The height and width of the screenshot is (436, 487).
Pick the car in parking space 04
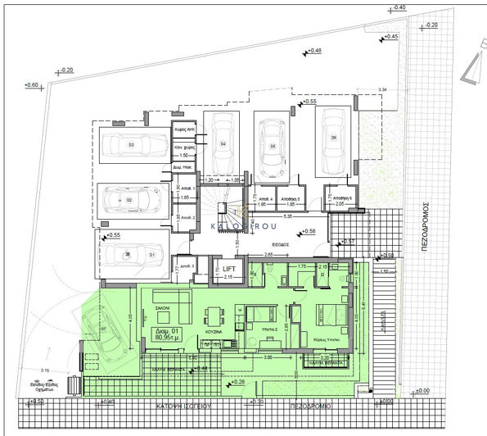click(222, 143)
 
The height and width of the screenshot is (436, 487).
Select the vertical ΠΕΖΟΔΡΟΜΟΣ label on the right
click(424, 230)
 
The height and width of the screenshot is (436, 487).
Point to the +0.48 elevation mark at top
click(315, 52)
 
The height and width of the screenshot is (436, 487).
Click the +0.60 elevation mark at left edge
click(32, 85)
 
